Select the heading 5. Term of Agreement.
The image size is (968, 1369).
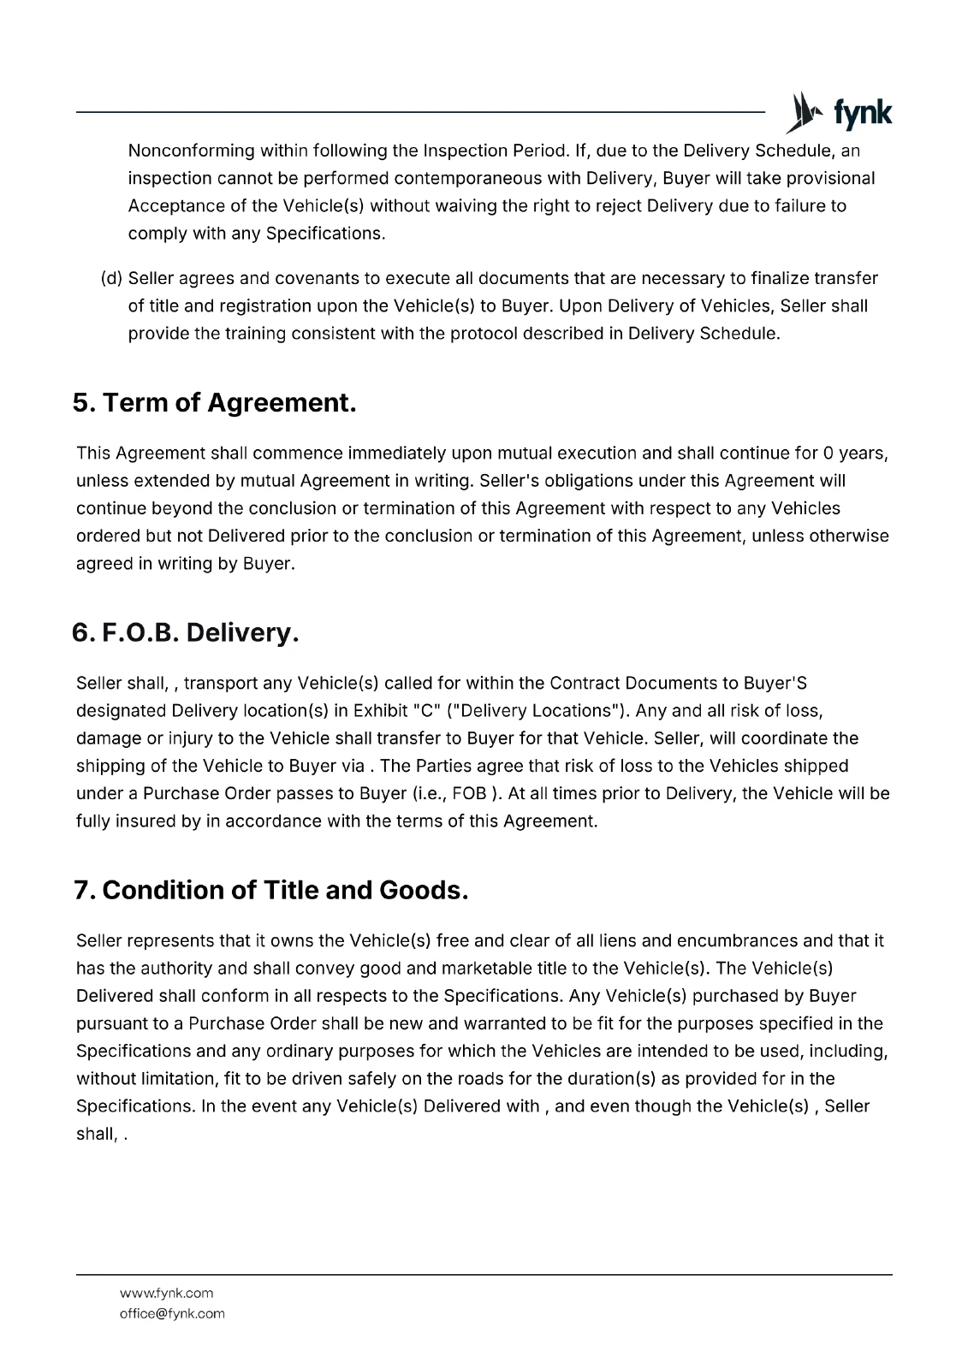tap(214, 403)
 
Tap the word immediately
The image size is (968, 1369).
tap(397, 453)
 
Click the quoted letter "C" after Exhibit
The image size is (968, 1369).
tap(426, 711)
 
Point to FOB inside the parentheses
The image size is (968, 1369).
tap(469, 794)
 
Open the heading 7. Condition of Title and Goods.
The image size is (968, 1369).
tap(271, 891)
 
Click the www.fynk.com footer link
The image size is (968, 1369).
tap(166, 1294)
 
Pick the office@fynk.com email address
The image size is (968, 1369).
tap(172, 1314)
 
